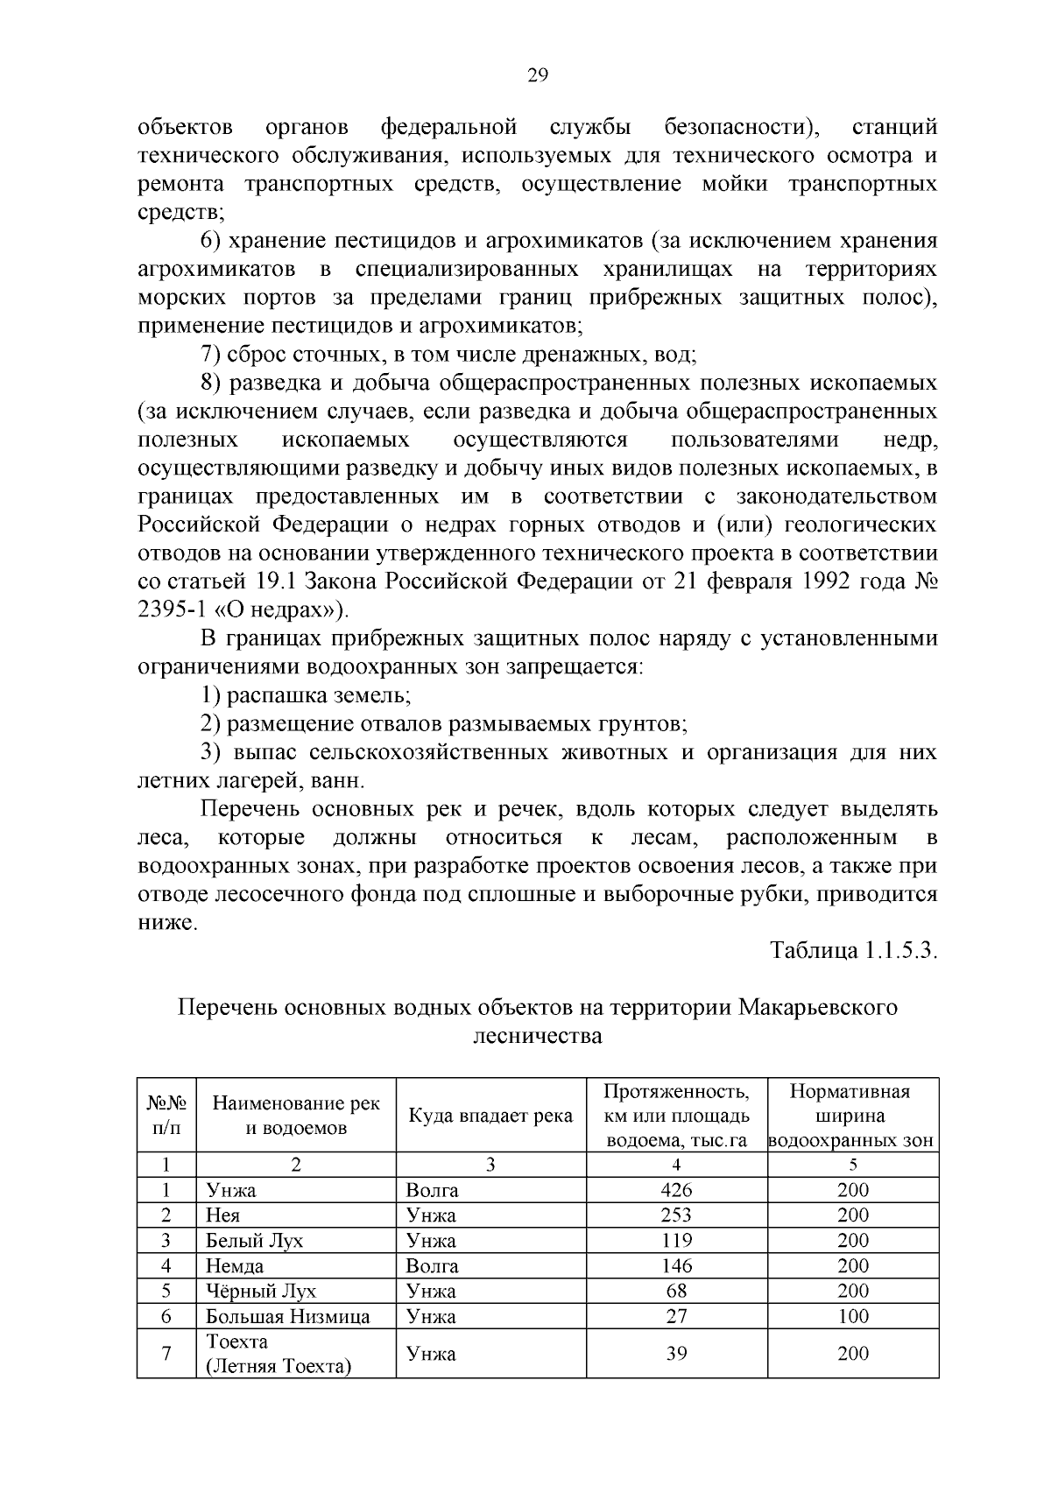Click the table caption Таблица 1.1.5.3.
click(x=853, y=951)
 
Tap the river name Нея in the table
click(x=222, y=1215)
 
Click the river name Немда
click(x=234, y=1265)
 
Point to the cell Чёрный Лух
click(x=260, y=1291)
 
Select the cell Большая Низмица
click(x=287, y=1316)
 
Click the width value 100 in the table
click(x=852, y=1316)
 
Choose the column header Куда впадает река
click(x=490, y=1116)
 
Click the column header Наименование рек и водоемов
click(x=296, y=1116)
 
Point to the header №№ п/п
click(x=166, y=1116)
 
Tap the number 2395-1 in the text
click(x=173, y=609)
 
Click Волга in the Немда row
click(x=432, y=1265)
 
